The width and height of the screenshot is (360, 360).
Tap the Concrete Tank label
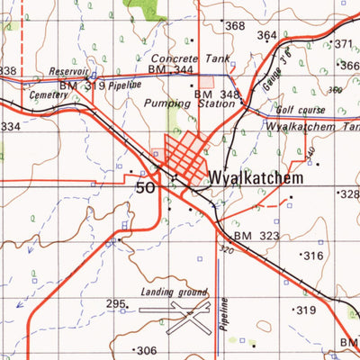tap(191, 57)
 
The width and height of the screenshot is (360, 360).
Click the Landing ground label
tap(174, 292)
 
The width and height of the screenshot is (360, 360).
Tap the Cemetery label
tap(48, 93)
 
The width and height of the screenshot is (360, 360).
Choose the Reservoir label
tap(68, 71)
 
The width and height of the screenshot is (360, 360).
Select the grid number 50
tap(145, 187)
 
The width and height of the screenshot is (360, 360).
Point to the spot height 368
tap(234, 26)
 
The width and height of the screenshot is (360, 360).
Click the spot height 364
tap(267, 35)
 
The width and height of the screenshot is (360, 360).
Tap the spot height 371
tap(343, 44)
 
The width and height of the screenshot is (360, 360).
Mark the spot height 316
tap(312, 256)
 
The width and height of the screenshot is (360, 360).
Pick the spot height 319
tap(306, 310)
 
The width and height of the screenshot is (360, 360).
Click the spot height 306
tap(146, 351)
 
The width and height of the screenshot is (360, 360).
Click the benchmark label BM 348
tap(217, 94)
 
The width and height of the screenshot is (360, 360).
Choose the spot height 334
tap(9, 127)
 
